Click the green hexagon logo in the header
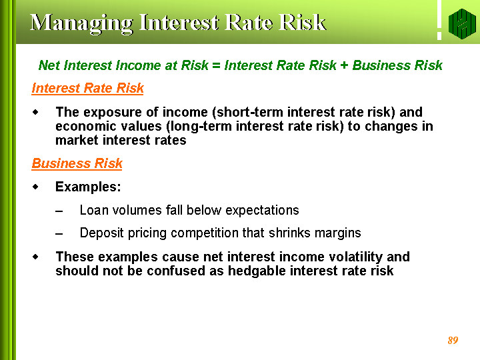pos(462,24)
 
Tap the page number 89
pos(453,340)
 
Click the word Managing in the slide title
pos(81,24)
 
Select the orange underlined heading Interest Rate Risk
pos(87,88)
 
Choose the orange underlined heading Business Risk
pos(77,163)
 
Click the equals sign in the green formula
pos(216,65)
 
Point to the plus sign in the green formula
pos(344,65)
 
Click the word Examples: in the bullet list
pos(88,187)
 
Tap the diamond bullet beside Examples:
pos(36,187)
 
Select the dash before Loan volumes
pos(59,211)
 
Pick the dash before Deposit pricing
pos(59,234)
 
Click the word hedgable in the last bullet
pos(257,271)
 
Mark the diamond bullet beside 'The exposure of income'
pos(36,113)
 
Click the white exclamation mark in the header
pos(439,20)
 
